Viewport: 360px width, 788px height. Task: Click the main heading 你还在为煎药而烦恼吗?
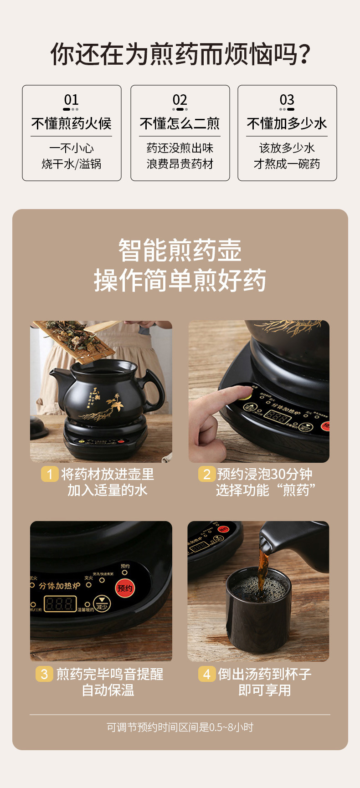[x=180, y=54]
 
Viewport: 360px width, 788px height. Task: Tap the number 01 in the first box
[x=71, y=100]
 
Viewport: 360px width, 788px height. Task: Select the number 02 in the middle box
[x=180, y=100]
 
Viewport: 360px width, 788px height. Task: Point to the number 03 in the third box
[x=287, y=100]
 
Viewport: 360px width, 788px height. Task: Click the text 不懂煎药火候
[x=71, y=123]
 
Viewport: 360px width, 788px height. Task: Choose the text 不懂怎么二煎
[x=180, y=123]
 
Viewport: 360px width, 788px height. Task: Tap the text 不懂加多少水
[x=287, y=123]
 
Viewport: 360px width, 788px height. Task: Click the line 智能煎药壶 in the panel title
[x=180, y=251]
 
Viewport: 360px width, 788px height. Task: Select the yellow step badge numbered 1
[x=49, y=474]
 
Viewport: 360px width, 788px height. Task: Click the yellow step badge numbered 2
[x=206, y=474]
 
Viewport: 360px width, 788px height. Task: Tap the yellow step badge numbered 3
[x=44, y=674]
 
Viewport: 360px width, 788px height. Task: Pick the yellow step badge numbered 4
[x=206, y=674]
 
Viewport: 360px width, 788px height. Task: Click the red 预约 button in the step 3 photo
[x=125, y=588]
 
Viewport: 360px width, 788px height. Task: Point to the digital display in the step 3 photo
[x=60, y=604]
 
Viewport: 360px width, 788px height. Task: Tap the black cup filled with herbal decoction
[x=258, y=610]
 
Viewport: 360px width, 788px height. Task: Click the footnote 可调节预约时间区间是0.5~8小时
[x=180, y=727]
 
